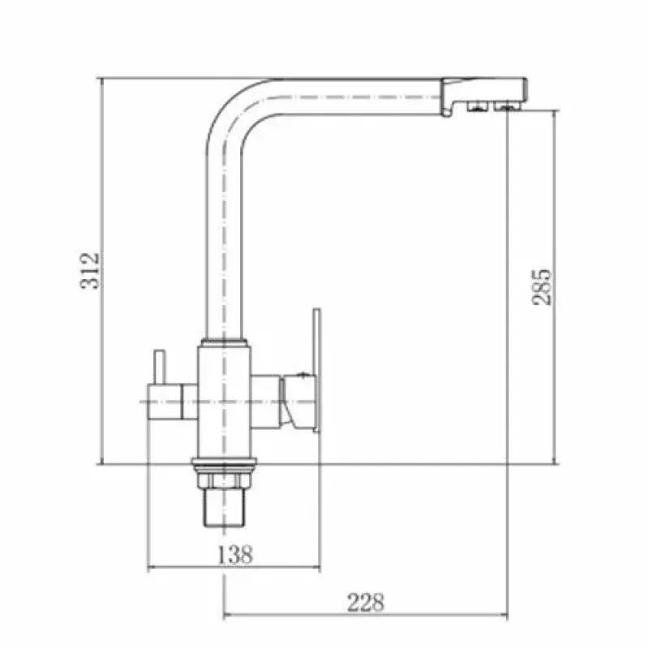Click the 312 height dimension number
(90, 271)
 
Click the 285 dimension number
(542, 287)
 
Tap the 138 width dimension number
(234, 554)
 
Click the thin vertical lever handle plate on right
(316, 371)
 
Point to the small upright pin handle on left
(160, 367)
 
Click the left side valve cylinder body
(165, 402)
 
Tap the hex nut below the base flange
(224, 480)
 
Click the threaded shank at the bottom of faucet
(224, 508)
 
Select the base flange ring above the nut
(224, 464)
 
